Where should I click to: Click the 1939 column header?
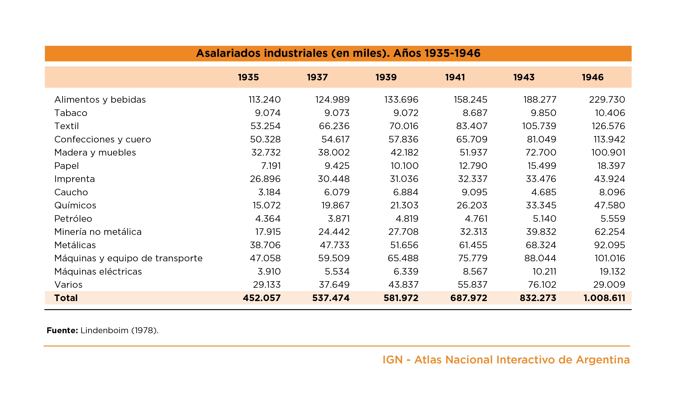pyautogui.click(x=386, y=77)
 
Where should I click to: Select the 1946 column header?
pyautogui.click(x=593, y=77)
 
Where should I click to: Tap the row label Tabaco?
pyautogui.click(x=71, y=113)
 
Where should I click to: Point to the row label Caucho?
pyautogui.click(x=71, y=192)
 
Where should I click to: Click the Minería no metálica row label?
pyautogui.click(x=98, y=232)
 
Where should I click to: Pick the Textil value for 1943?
pyautogui.click(x=539, y=126)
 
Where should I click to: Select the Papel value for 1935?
pyautogui.click(x=271, y=166)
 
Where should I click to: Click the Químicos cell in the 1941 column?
pyautogui.click(x=472, y=205)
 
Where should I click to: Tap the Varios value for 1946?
pyautogui.click(x=609, y=284)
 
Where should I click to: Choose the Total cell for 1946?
pyautogui.click(x=604, y=298)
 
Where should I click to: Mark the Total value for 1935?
pyautogui.click(x=262, y=298)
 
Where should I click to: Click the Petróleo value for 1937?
pyautogui.click(x=339, y=218)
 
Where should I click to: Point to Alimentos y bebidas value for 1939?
pyautogui.click(x=401, y=99)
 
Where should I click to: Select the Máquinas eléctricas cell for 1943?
pyautogui.click(x=544, y=272)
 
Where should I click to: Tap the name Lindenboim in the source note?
pyautogui.click(x=104, y=330)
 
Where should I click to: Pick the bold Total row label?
pyautogui.click(x=66, y=298)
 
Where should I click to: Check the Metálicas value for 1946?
pyautogui.click(x=610, y=245)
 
